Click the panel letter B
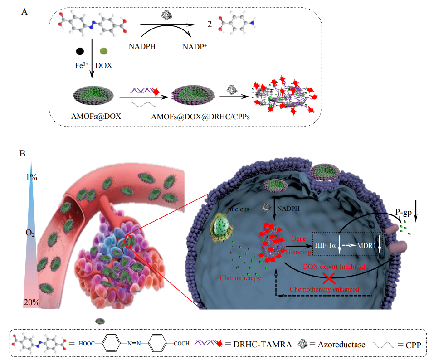point(22,154)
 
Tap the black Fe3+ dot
point(80,51)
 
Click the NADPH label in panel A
point(142,46)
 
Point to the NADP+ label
point(195,46)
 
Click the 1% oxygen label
point(31,177)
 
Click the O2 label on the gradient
point(31,234)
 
